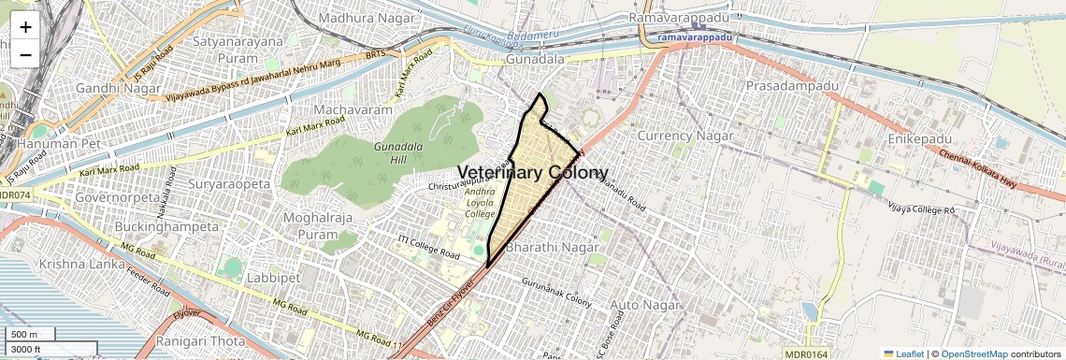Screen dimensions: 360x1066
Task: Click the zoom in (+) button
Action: pos(25,27)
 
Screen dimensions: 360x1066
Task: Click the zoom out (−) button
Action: pos(25,54)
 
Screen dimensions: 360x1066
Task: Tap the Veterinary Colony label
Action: pos(532,173)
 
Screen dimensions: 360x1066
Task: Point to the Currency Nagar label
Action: pos(684,136)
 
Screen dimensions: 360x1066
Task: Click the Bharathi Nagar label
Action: pos(551,249)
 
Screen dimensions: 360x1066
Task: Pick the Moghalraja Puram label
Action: pos(310,225)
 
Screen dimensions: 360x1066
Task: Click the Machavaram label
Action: pos(353,110)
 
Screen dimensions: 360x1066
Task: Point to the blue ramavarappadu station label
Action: pos(695,36)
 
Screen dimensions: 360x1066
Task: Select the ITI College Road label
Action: pos(428,248)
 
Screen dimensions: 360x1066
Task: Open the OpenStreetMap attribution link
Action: pos(973,353)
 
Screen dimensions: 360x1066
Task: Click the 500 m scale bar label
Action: pos(24,335)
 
